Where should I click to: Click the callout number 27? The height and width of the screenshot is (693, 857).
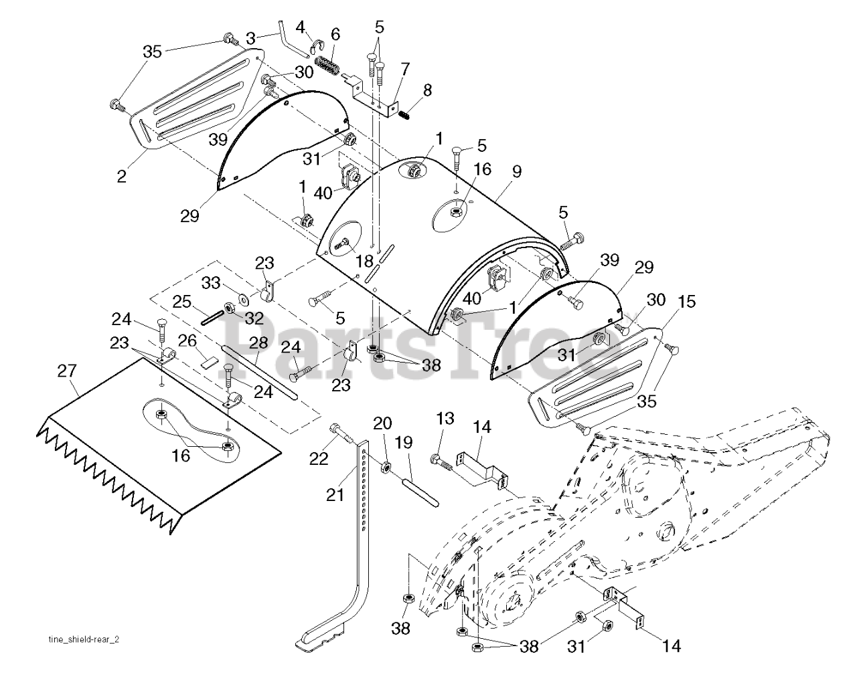[x=67, y=371]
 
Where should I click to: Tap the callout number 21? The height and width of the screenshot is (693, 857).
[x=335, y=494]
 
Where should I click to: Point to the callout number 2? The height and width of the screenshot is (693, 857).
[x=121, y=176]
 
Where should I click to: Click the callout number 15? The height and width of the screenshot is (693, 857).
[x=686, y=302]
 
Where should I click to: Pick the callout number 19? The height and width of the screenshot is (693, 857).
[x=404, y=443]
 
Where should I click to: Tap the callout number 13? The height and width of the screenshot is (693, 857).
[x=445, y=419]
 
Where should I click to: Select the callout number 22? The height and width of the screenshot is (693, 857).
[x=319, y=459]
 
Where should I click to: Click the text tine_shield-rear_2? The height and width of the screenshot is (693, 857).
[x=84, y=639]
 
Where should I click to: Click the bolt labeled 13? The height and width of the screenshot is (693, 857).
[x=441, y=462]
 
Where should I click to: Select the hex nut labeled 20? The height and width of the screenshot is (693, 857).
[x=384, y=468]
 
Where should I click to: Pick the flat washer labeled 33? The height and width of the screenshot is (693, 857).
[x=243, y=299]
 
